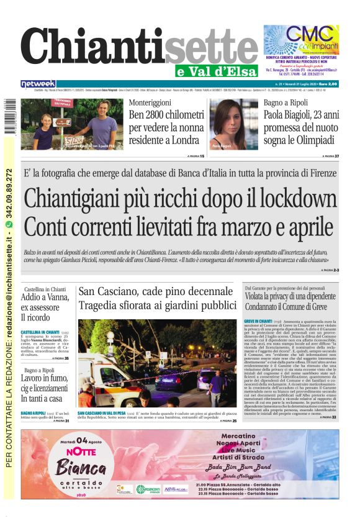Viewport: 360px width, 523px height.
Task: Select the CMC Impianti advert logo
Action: point(301,39)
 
